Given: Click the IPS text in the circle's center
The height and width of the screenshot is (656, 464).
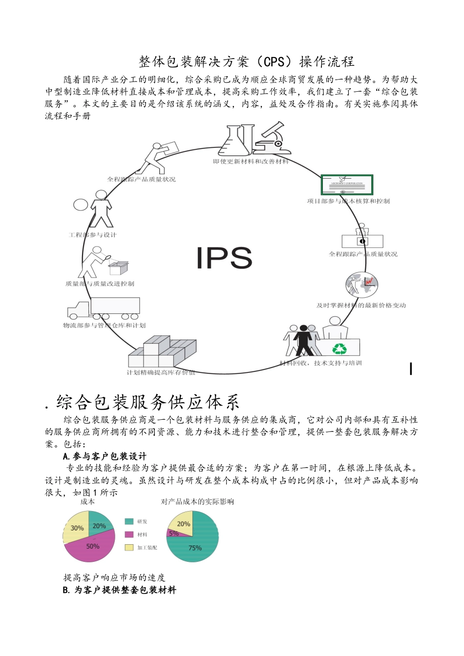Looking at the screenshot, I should [224, 258].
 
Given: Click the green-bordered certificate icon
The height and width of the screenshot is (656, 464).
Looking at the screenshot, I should [347, 185].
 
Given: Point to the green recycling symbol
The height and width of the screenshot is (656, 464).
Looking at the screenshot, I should [339, 348].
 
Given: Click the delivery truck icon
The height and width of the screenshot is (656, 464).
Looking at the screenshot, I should [104, 308].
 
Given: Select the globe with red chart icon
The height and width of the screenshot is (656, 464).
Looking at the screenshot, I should [362, 284].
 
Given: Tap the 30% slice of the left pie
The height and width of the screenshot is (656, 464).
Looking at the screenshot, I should [76, 527].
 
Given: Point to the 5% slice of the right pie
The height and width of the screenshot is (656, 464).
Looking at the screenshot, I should [173, 533].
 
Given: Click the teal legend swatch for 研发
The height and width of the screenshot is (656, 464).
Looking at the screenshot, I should [129, 521].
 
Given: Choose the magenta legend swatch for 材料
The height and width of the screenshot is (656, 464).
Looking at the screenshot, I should [129, 534].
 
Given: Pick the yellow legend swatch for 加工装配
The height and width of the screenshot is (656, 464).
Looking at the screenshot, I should [129, 548].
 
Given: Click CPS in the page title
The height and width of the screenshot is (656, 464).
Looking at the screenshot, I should [274, 62].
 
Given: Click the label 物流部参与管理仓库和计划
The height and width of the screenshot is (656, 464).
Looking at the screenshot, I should [104, 326].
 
